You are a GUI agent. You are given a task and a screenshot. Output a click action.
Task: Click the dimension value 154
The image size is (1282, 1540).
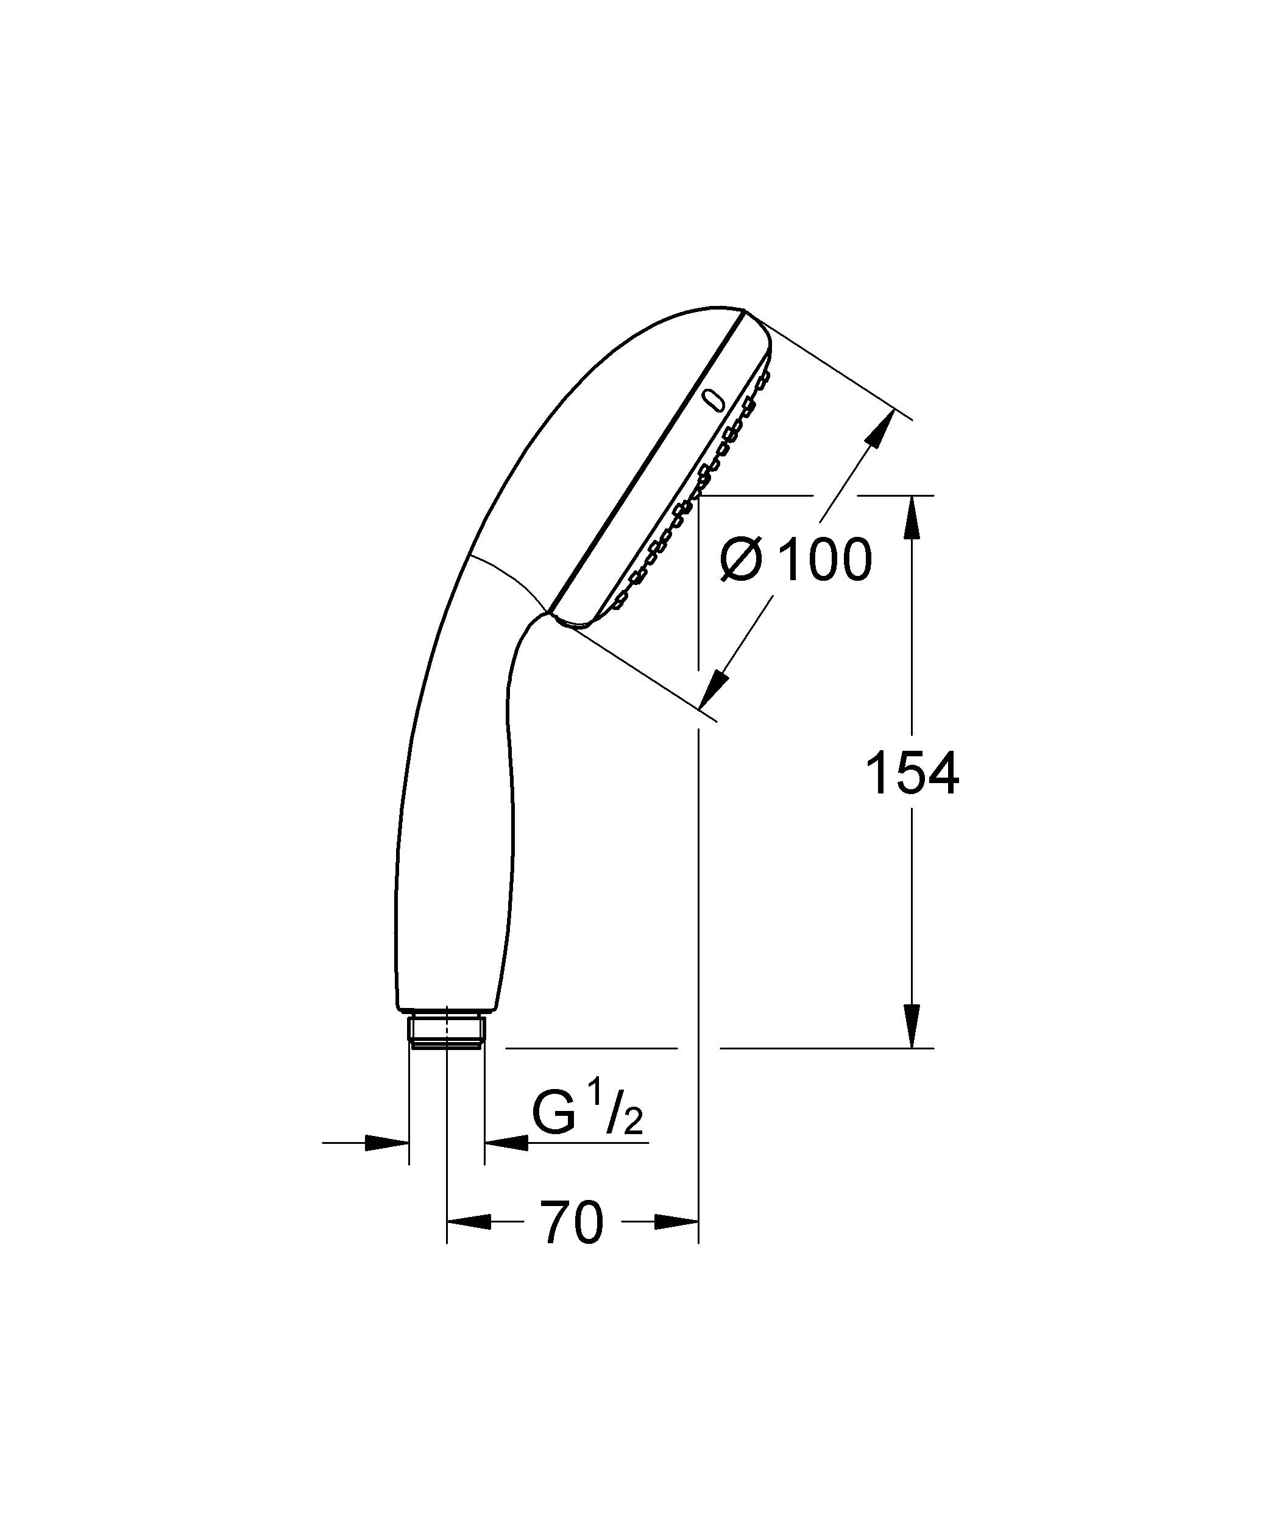(x=912, y=775)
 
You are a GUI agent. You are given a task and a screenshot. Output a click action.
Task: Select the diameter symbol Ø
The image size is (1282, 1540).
(x=741, y=560)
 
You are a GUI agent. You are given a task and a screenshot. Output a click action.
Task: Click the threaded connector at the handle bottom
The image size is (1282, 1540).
(x=446, y=1032)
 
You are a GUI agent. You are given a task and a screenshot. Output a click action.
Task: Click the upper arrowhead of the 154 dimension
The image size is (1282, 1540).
(x=912, y=519)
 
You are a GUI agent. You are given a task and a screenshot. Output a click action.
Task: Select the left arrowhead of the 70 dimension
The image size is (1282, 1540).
(x=469, y=1222)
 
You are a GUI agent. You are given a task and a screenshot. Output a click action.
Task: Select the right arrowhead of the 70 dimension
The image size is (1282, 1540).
(x=675, y=1222)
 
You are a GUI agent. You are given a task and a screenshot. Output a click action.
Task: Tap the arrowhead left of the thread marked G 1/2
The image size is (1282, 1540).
(x=386, y=1142)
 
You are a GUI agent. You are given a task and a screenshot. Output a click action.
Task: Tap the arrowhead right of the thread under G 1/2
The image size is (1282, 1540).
(x=506, y=1142)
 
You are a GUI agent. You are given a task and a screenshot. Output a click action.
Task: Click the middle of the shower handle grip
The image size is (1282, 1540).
(x=455, y=807)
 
